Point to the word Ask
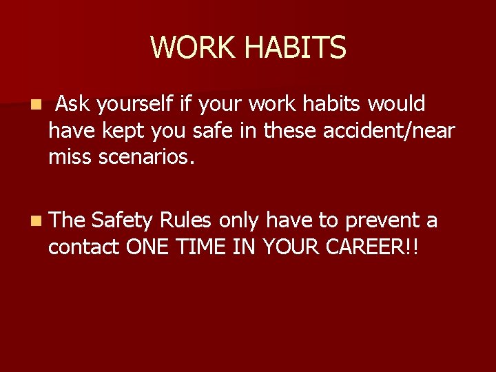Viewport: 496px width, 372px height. [x=74, y=104]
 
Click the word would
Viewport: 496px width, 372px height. [x=397, y=104]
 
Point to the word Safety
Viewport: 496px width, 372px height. [x=122, y=220]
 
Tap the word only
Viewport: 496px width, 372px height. [x=240, y=220]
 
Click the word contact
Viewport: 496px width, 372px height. [x=83, y=247]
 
